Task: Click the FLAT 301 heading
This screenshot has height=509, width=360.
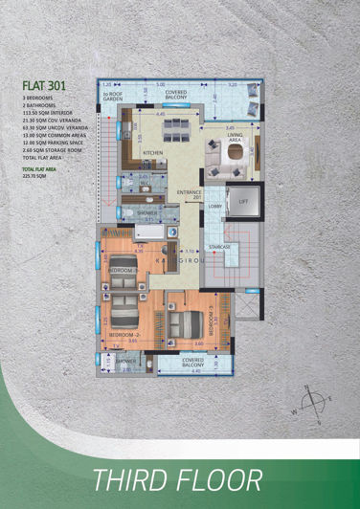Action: tap(45, 83)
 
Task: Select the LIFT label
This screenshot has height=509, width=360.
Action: tap(242, 202)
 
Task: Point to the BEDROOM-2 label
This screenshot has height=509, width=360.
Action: tap(124, 335)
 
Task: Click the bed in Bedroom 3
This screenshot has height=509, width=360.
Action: tap(185, 327)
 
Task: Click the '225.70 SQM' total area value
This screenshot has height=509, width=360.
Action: tap(36, 179)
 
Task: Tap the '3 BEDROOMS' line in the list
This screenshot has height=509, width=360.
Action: tap(38, 98)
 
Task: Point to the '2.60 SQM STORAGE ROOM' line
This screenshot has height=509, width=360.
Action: tap(49, 151)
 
